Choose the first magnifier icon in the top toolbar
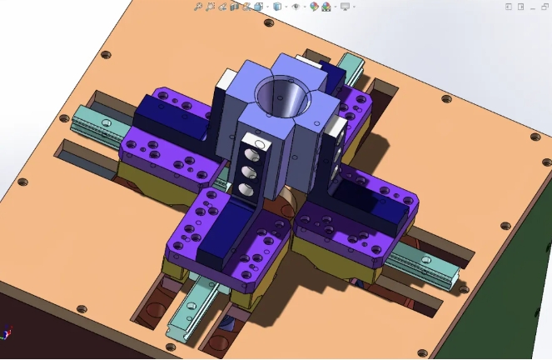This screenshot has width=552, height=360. coord(198,7)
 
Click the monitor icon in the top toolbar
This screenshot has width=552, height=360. coord(344,7)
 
